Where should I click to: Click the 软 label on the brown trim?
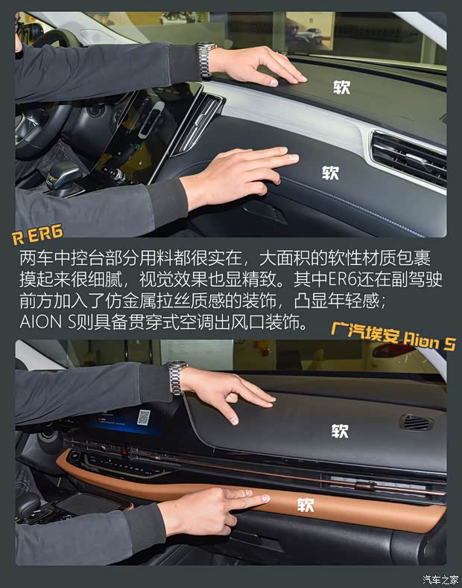[306, 505]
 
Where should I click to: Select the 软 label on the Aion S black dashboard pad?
[340, 430]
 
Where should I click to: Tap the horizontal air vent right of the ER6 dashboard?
[408, 158]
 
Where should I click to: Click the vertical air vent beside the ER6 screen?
[197, 122]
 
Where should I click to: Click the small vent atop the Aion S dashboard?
[417, 422]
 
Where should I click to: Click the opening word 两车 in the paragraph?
[31, 260]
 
